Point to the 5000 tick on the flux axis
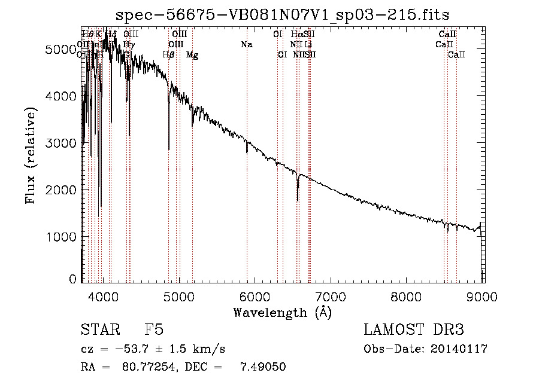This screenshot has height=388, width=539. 62,49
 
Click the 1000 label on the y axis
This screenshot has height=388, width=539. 62,237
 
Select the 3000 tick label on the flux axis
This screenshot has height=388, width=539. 62,143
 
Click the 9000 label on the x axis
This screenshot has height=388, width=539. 483,296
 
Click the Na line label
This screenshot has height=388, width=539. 247,45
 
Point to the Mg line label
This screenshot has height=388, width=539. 192,55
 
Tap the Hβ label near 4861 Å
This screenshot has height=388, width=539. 168,55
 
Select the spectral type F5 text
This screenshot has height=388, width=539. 155,330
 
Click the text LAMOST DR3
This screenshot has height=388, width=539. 413,330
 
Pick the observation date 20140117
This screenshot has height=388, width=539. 461,349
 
